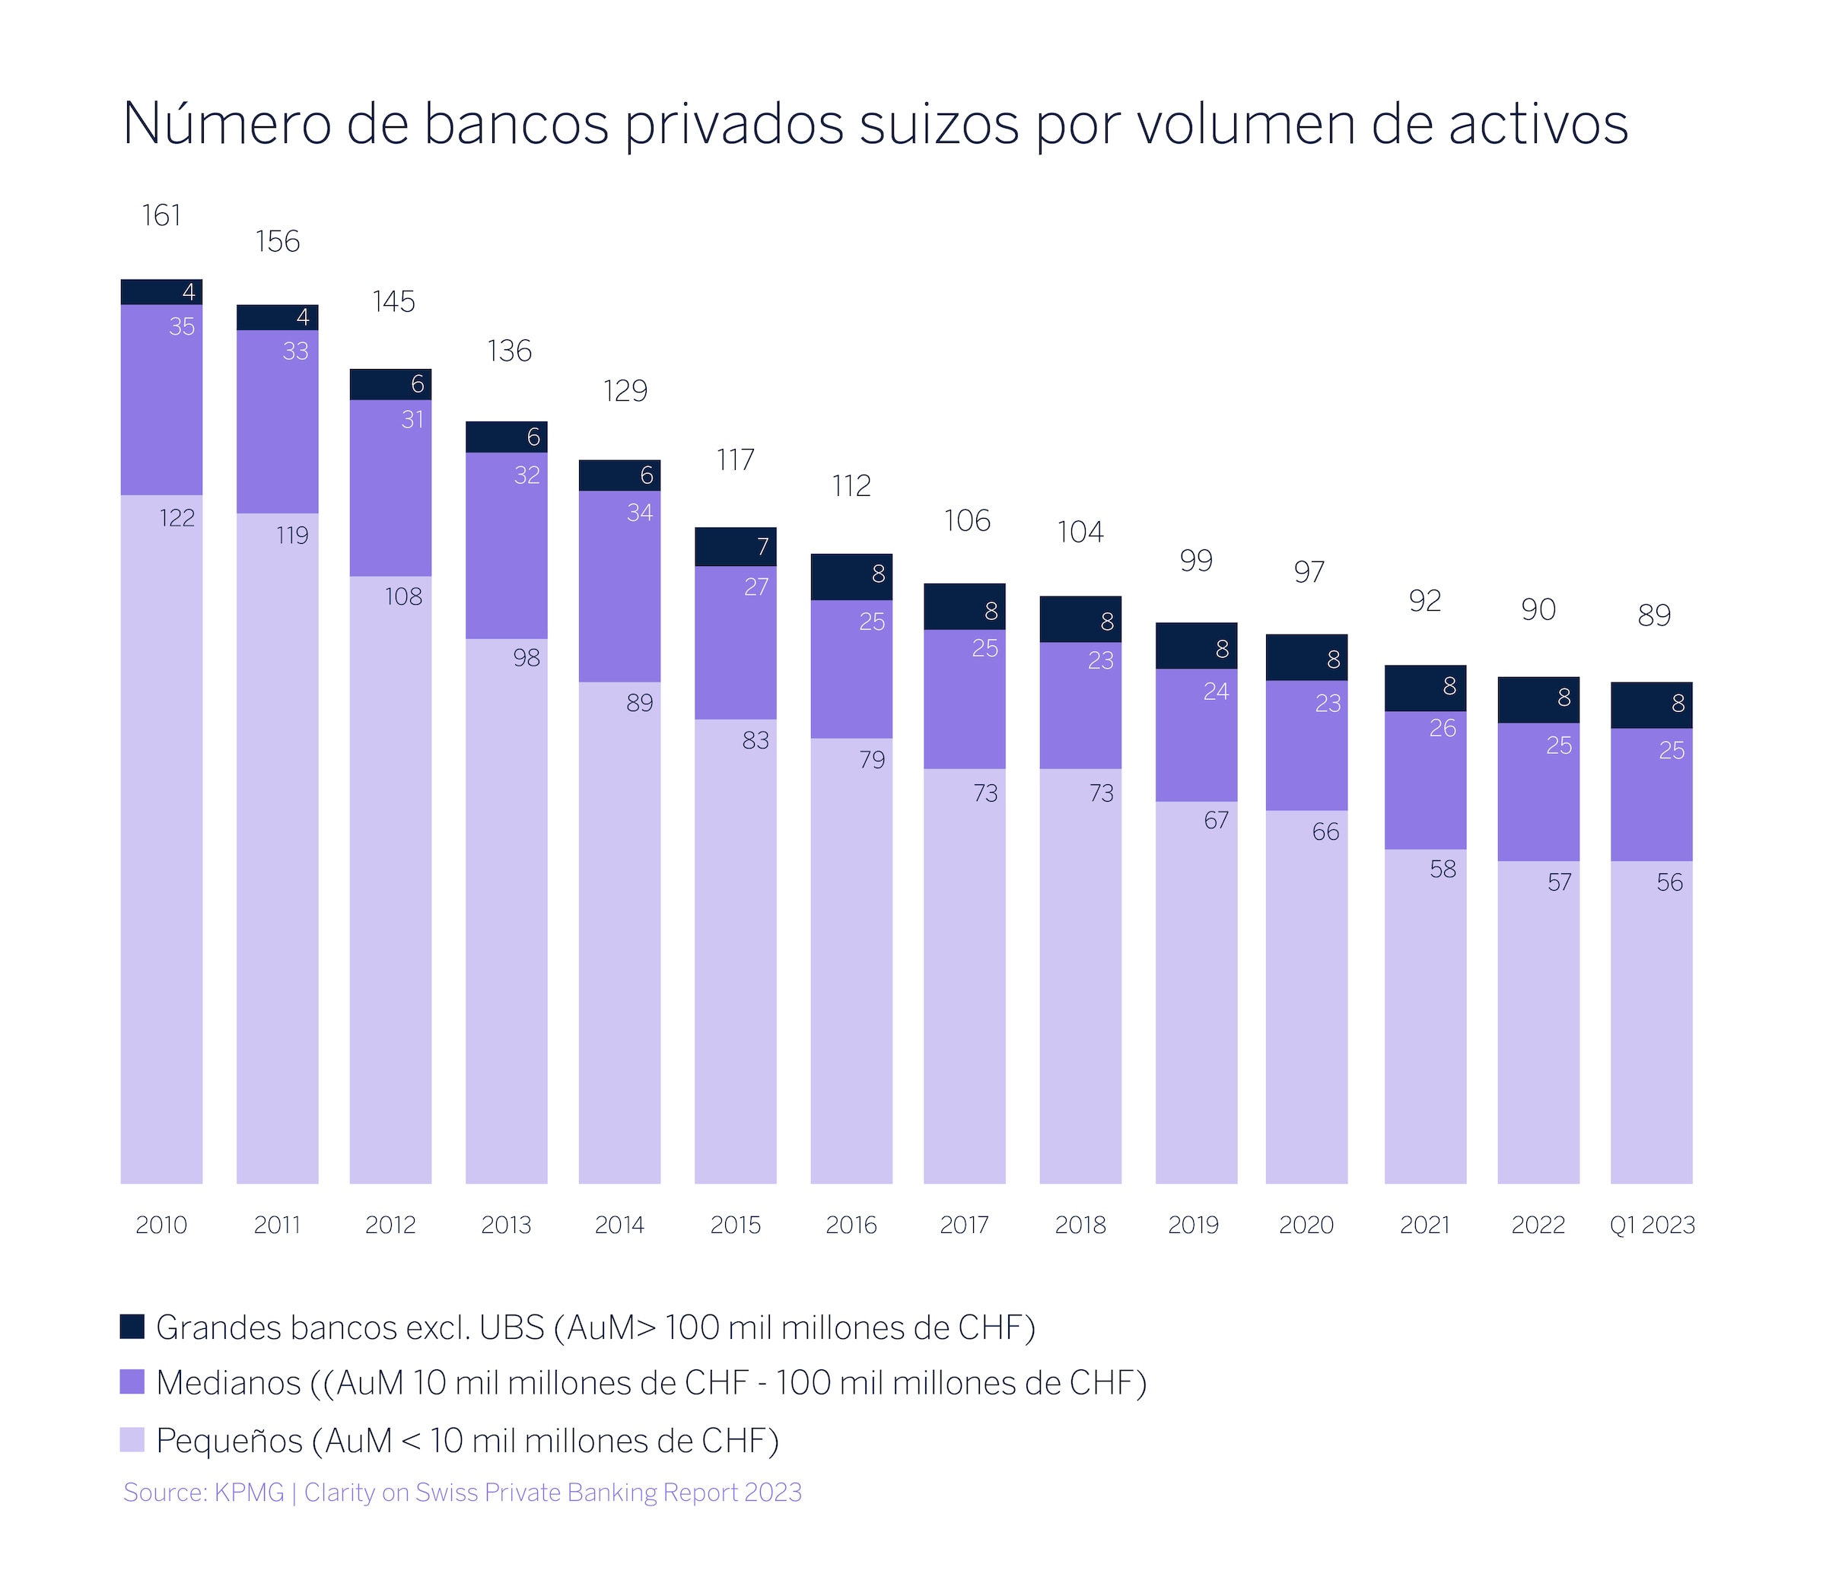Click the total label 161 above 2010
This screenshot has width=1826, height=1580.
pos(161,216)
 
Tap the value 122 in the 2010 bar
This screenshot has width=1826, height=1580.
pos(177,517)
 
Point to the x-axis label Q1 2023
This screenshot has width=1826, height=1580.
pos(1653,1225)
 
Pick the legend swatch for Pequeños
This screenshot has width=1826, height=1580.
pos(132,1440)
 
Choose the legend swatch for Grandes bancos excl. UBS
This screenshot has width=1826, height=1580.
pos(132,1327)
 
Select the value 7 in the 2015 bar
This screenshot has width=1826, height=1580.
pos(762,548)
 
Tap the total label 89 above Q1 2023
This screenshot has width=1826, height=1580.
pos(1654,615)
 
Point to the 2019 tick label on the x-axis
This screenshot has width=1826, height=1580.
pos(1194,1225)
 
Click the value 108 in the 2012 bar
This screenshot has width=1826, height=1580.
pos(403,597)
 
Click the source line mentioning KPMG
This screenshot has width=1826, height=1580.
pos(462,1492)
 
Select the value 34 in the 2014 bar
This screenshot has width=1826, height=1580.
pos(640,512)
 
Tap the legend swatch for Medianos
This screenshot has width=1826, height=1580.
pos(132,1381)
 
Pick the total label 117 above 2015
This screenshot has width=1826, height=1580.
pos(735,460)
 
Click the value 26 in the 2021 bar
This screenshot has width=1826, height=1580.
pos(1443,728)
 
